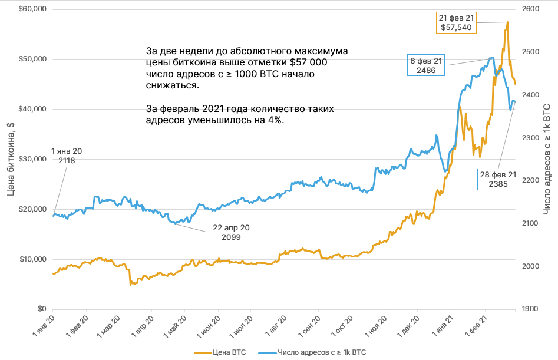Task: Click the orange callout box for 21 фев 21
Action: point(456,22)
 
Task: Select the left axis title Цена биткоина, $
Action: point(11,159)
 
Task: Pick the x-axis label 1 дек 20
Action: point(407,326)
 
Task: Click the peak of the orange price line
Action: point(507,22)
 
